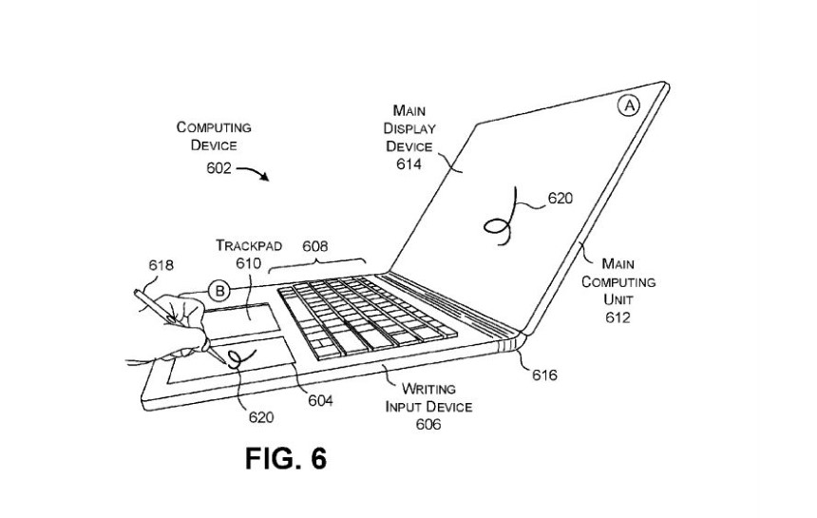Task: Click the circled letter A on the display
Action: pyautogui.click(x=630, y=106)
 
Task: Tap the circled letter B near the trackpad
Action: pyautogui.click(x=219, y=291)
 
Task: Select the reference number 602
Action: pyautogui.click(x=218, y=168)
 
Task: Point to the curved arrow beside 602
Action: pyautogui.click(x=254, y=172)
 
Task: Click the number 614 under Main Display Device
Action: pyautogui.click(x=408, y=164)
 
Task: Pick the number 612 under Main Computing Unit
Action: pyautogui.click(x=617, y=317)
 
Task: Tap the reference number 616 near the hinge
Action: pyautogui.click(x=544, y=374)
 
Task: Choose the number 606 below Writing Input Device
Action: pyautogui.click(x=428, y=425)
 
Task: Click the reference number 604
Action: pyautogui.click(x=320, y=400)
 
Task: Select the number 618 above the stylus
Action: pyautogui.click(x=161, y=265)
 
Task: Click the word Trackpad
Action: pyautogui.click(x=249, y=245)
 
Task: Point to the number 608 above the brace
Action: pyautogui.click(x=315, y=246)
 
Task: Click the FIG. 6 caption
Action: pyautogui.click(x=286, y=458)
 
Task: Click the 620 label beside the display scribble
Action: pyautogui.click(x=560, y=198)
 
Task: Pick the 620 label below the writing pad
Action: pyautogui.click(x=261, y=417)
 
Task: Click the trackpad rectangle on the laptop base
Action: pyautogui.click(x=240, y=317)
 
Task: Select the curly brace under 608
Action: pyautogui.click(x=316, y=263)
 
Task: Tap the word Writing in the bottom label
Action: pyautogui.click(x=428, y=389)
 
